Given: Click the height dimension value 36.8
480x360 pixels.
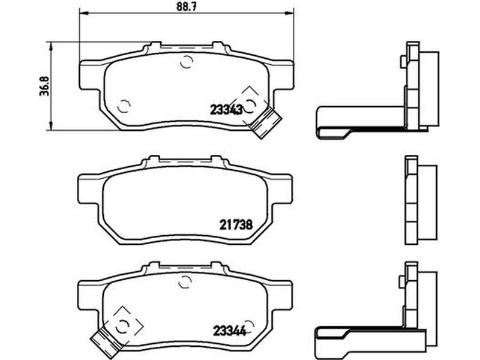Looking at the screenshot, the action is [44, 86].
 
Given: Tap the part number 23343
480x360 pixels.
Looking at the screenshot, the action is [226, 109].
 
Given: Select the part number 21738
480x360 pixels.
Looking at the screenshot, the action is [236, 225].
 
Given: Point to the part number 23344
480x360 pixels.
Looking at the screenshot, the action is [229, 331].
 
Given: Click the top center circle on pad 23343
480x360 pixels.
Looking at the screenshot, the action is [186, 62].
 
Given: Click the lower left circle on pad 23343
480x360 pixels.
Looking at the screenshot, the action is [124, 106].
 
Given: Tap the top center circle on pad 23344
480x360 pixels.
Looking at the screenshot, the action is [185, 281].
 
